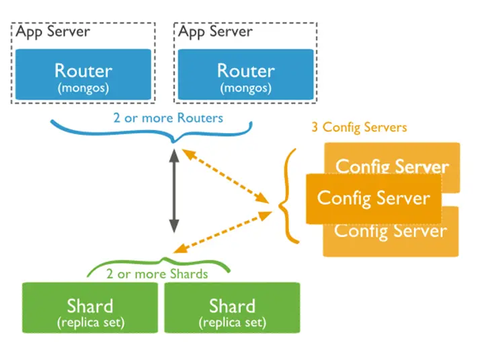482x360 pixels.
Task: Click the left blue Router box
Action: [x=83, y=75]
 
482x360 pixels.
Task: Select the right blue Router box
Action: [x=245, y=75]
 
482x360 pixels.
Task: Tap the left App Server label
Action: [x=52, y=32]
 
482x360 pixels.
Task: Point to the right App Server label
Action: [x=215, y=32]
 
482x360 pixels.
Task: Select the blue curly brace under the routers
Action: [x=152, y=131]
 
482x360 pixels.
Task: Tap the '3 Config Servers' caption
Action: [x=359, y=127]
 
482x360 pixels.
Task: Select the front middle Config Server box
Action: [x=373, y=199]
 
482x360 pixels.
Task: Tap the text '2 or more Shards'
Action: [x=157, y=274]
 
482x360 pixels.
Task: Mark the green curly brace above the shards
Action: [x=159, y=265]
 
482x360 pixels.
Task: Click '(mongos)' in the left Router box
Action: [x=83, y=87]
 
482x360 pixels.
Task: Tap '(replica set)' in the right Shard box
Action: [x=232, y=322]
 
